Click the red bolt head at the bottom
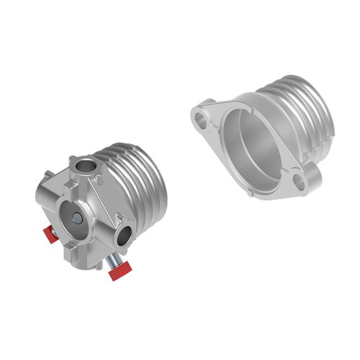click(x=120, y=271)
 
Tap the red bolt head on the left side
click(x=50, y=235)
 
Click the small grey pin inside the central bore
click(x=77, y=217)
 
